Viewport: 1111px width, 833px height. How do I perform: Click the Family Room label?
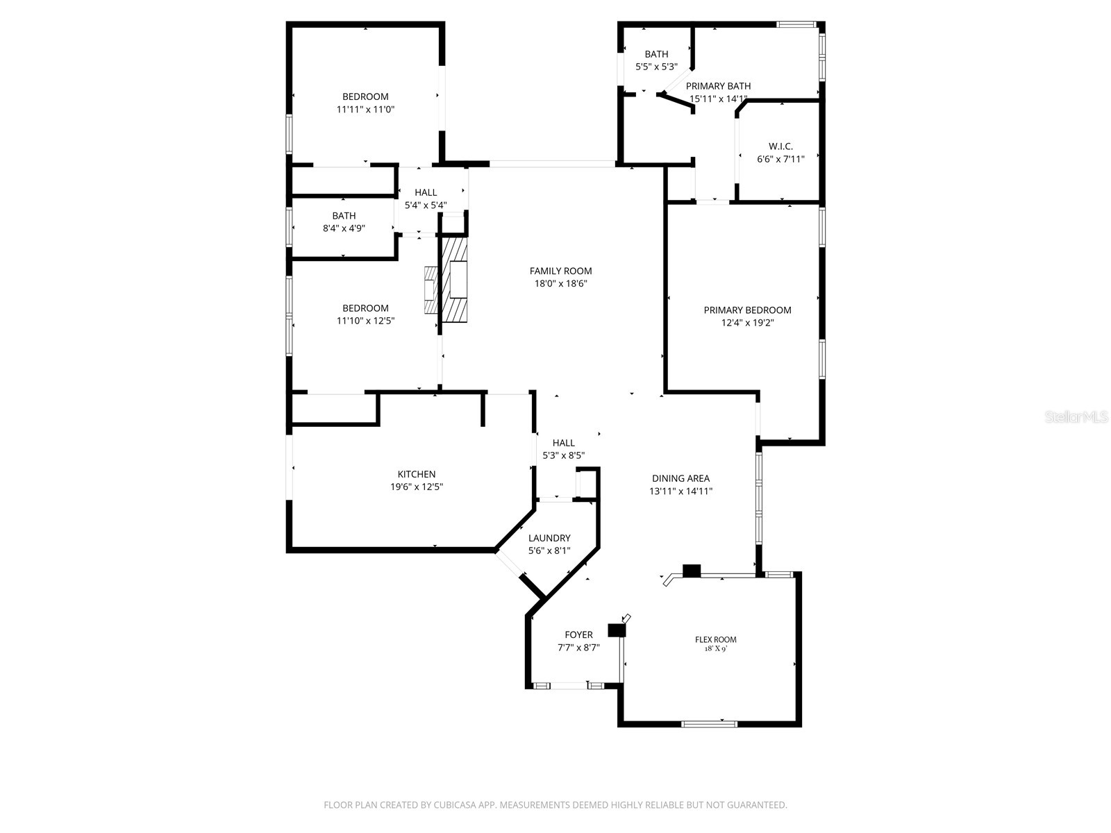coord(560,271)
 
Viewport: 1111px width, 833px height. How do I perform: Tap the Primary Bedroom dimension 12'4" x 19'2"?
coord(747,323)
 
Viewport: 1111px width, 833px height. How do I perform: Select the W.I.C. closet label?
coord(780,146)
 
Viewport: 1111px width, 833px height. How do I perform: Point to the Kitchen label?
coord(417,474)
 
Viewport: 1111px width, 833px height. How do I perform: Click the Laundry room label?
coord(549,538)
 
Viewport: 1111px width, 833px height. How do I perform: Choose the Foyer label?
coord(578,634)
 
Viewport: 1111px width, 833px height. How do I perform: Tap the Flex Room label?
coord(715,639)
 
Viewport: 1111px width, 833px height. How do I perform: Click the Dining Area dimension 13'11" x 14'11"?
coord(680,491)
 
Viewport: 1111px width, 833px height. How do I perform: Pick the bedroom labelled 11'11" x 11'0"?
coord(365,103)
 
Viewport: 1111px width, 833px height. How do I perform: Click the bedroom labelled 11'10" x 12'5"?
coord(365,314)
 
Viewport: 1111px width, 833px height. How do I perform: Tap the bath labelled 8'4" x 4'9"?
coord(344,221)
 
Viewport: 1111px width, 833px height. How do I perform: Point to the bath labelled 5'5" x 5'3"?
coord(656,60)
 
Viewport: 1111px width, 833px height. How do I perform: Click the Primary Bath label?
coord(718,86)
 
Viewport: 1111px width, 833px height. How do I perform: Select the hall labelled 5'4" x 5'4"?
coord(426,199)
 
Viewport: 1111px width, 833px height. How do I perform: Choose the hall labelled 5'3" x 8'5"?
coord(563,448)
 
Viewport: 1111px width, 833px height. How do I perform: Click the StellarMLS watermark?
coord(1076,417)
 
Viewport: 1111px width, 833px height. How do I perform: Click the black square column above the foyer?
coord(616,630)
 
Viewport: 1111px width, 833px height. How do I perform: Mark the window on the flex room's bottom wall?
coord(708,724)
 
